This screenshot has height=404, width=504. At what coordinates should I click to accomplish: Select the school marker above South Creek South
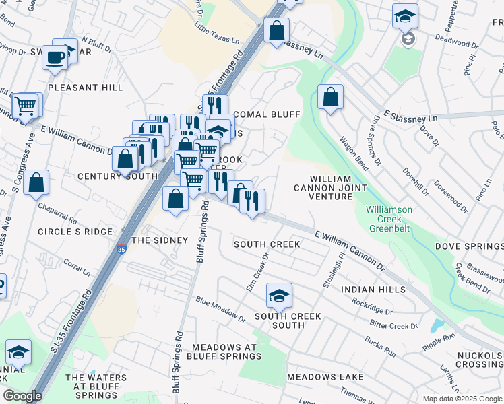click(x=279, y=295)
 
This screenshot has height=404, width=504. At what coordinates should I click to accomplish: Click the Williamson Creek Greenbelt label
click(x=389, y=219)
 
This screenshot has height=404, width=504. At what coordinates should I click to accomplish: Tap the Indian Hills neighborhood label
click(x=373, y=289)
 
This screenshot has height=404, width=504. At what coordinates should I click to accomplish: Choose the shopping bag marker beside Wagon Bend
click(x=330, y=97)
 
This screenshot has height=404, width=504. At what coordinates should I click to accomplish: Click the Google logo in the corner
click(x=22, y=396)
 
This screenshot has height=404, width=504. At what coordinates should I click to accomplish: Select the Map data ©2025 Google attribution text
click(x=462, y=399)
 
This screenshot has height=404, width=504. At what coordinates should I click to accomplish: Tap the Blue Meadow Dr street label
click(x=220, y=308)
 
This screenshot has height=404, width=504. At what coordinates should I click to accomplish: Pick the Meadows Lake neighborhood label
click(x=325, y=377)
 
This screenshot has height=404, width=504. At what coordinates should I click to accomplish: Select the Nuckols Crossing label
click(x=479, y=359)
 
